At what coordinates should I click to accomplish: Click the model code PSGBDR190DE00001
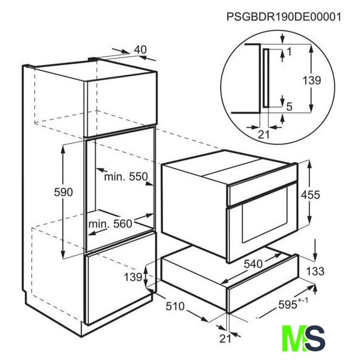tap(283, 17)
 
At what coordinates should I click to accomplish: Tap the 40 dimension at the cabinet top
tap(140, 49)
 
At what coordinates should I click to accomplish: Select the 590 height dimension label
tap(64, 192)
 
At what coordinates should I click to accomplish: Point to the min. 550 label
tap(126, 177)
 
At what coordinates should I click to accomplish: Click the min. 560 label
tap(110, 224)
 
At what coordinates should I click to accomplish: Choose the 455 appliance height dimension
tap(310, 195)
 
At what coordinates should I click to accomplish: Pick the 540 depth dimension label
tap(253, 264)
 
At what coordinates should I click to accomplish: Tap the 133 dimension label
tap(315, 271)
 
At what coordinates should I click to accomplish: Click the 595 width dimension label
tap(293, 304)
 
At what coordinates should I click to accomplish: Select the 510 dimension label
tap(175, 306)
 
